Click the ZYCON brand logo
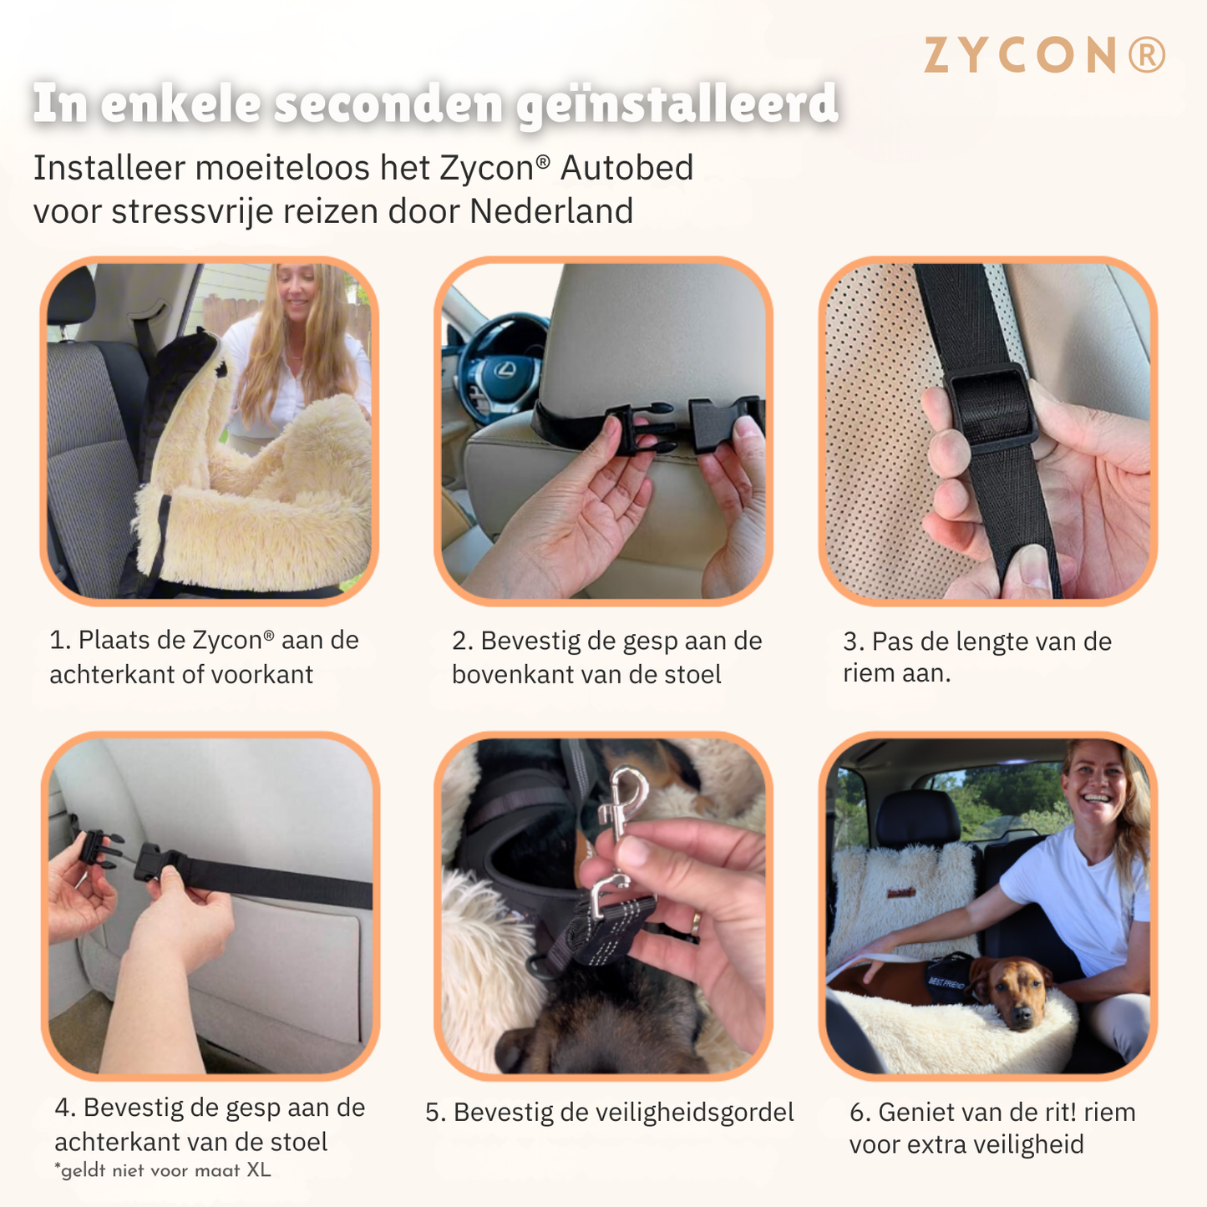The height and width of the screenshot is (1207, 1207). (x=1044, y=56)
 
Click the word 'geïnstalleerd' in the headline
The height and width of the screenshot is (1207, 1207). (x=677, y=105)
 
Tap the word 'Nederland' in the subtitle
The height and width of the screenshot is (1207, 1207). (x=550, y=211)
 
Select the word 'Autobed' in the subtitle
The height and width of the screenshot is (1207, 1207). (x=626, y=168)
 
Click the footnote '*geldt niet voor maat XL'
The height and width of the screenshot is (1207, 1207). (x=163, y=1170)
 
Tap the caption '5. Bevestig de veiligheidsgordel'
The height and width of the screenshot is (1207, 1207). (x=609, y=1113)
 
